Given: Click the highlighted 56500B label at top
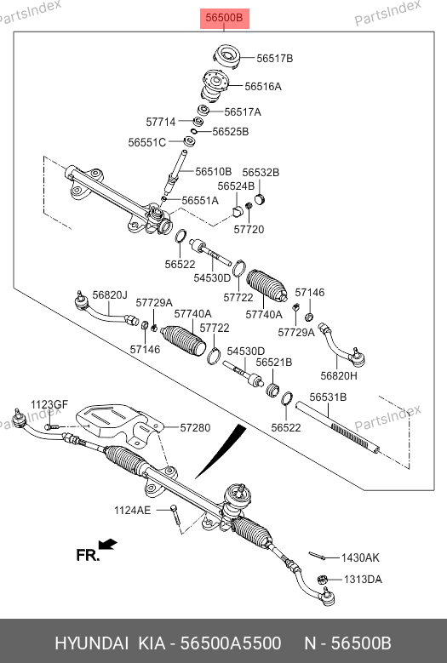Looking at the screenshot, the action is pyautogui.click(x=225, y=18).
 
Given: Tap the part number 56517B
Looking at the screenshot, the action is pyautogui.click(x=274, y=59).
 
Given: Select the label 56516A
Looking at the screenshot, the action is pyautogui.click(x=262, y=86).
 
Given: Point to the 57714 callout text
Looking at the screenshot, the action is pyautogui.click(x=161, y=122).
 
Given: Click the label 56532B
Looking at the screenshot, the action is pyautogui.click(x=261, y=173).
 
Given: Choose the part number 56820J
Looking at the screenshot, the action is pyautogui.click(x=110, y=294).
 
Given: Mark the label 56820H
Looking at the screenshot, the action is pyautogui.click(x=339, y=375).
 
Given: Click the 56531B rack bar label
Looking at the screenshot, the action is pyautogui.click(x=328, y=397).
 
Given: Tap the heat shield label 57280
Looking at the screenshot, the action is pyautogui.click(x=195, y=428).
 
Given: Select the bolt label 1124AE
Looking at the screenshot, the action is pyautogui.click(x=132, y=511).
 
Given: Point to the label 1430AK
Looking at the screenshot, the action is pyautogui.click(x=360, y=558).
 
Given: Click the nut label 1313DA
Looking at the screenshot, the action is pyautogui.click(x=363, y=580).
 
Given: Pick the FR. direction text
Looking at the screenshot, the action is pyautogui.click(x=88, y=555).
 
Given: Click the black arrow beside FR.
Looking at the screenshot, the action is pyautogui.click(x=107, y=544).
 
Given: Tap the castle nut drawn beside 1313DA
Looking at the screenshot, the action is pyautogui.click(x=322, y=580).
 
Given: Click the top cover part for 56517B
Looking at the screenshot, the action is pyautogui.click(x=226, y=57).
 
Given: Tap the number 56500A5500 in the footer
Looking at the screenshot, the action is pyautogui.click(x=231, y=643).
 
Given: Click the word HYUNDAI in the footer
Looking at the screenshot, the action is pyautogui.click(x=91, y=643).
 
